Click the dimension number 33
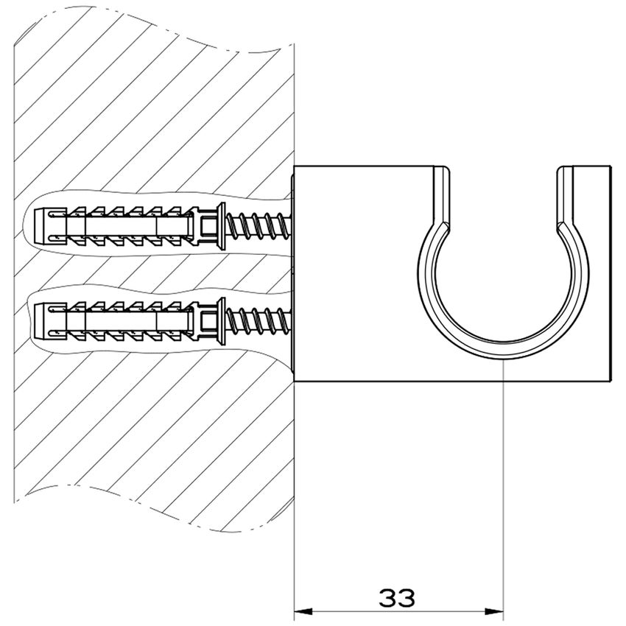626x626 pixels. click(398, 597)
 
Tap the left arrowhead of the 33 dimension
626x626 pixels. click(302, 611)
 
